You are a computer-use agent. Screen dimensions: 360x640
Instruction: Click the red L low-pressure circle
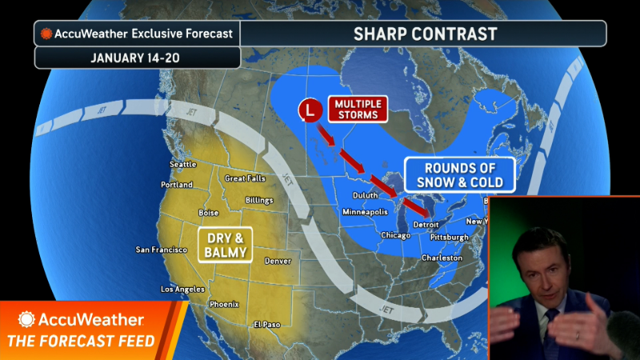pos(309,110)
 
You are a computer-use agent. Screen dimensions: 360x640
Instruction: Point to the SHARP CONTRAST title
pos(425,34)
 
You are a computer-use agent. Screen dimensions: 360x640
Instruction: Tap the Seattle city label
pos(183,165)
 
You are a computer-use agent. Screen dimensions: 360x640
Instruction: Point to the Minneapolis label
pos(369,212)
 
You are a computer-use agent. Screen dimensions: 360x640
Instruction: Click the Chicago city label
pos(397,235)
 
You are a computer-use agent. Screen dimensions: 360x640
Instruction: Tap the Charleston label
pos(442,258)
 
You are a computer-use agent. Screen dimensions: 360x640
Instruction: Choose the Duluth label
pos(366,195)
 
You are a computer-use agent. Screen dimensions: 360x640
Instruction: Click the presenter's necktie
pos(550,326)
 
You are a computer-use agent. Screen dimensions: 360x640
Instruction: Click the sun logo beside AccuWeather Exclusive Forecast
pos(47,34)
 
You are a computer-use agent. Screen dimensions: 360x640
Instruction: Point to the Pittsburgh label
pos(449,238)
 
